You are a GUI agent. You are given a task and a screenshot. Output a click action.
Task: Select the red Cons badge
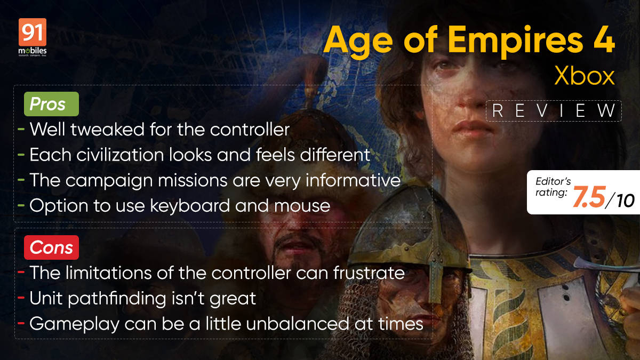51,247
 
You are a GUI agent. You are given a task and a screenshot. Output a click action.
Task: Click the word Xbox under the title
584,77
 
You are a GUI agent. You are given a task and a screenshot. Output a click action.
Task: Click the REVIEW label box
553,111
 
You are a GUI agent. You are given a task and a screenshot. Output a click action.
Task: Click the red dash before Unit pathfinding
20,299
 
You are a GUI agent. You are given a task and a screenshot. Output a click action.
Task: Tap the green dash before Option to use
20,206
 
